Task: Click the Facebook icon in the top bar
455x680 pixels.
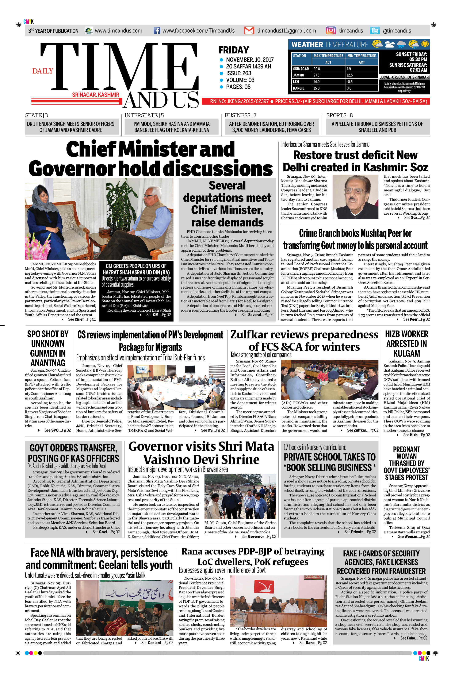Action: point(157,30)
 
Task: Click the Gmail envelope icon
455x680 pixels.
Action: point(249,30)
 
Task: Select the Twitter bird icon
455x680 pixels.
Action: point(375,30)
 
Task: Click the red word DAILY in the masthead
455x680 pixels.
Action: point(43,71)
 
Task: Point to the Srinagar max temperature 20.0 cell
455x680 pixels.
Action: point(328,69)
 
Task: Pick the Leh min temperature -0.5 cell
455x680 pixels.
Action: point(361,82)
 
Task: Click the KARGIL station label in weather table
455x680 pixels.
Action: point(299,88)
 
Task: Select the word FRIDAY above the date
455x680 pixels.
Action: point(234,50)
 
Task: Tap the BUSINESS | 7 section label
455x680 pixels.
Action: point(240,115)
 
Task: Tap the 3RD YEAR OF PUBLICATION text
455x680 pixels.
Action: point(53,31)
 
